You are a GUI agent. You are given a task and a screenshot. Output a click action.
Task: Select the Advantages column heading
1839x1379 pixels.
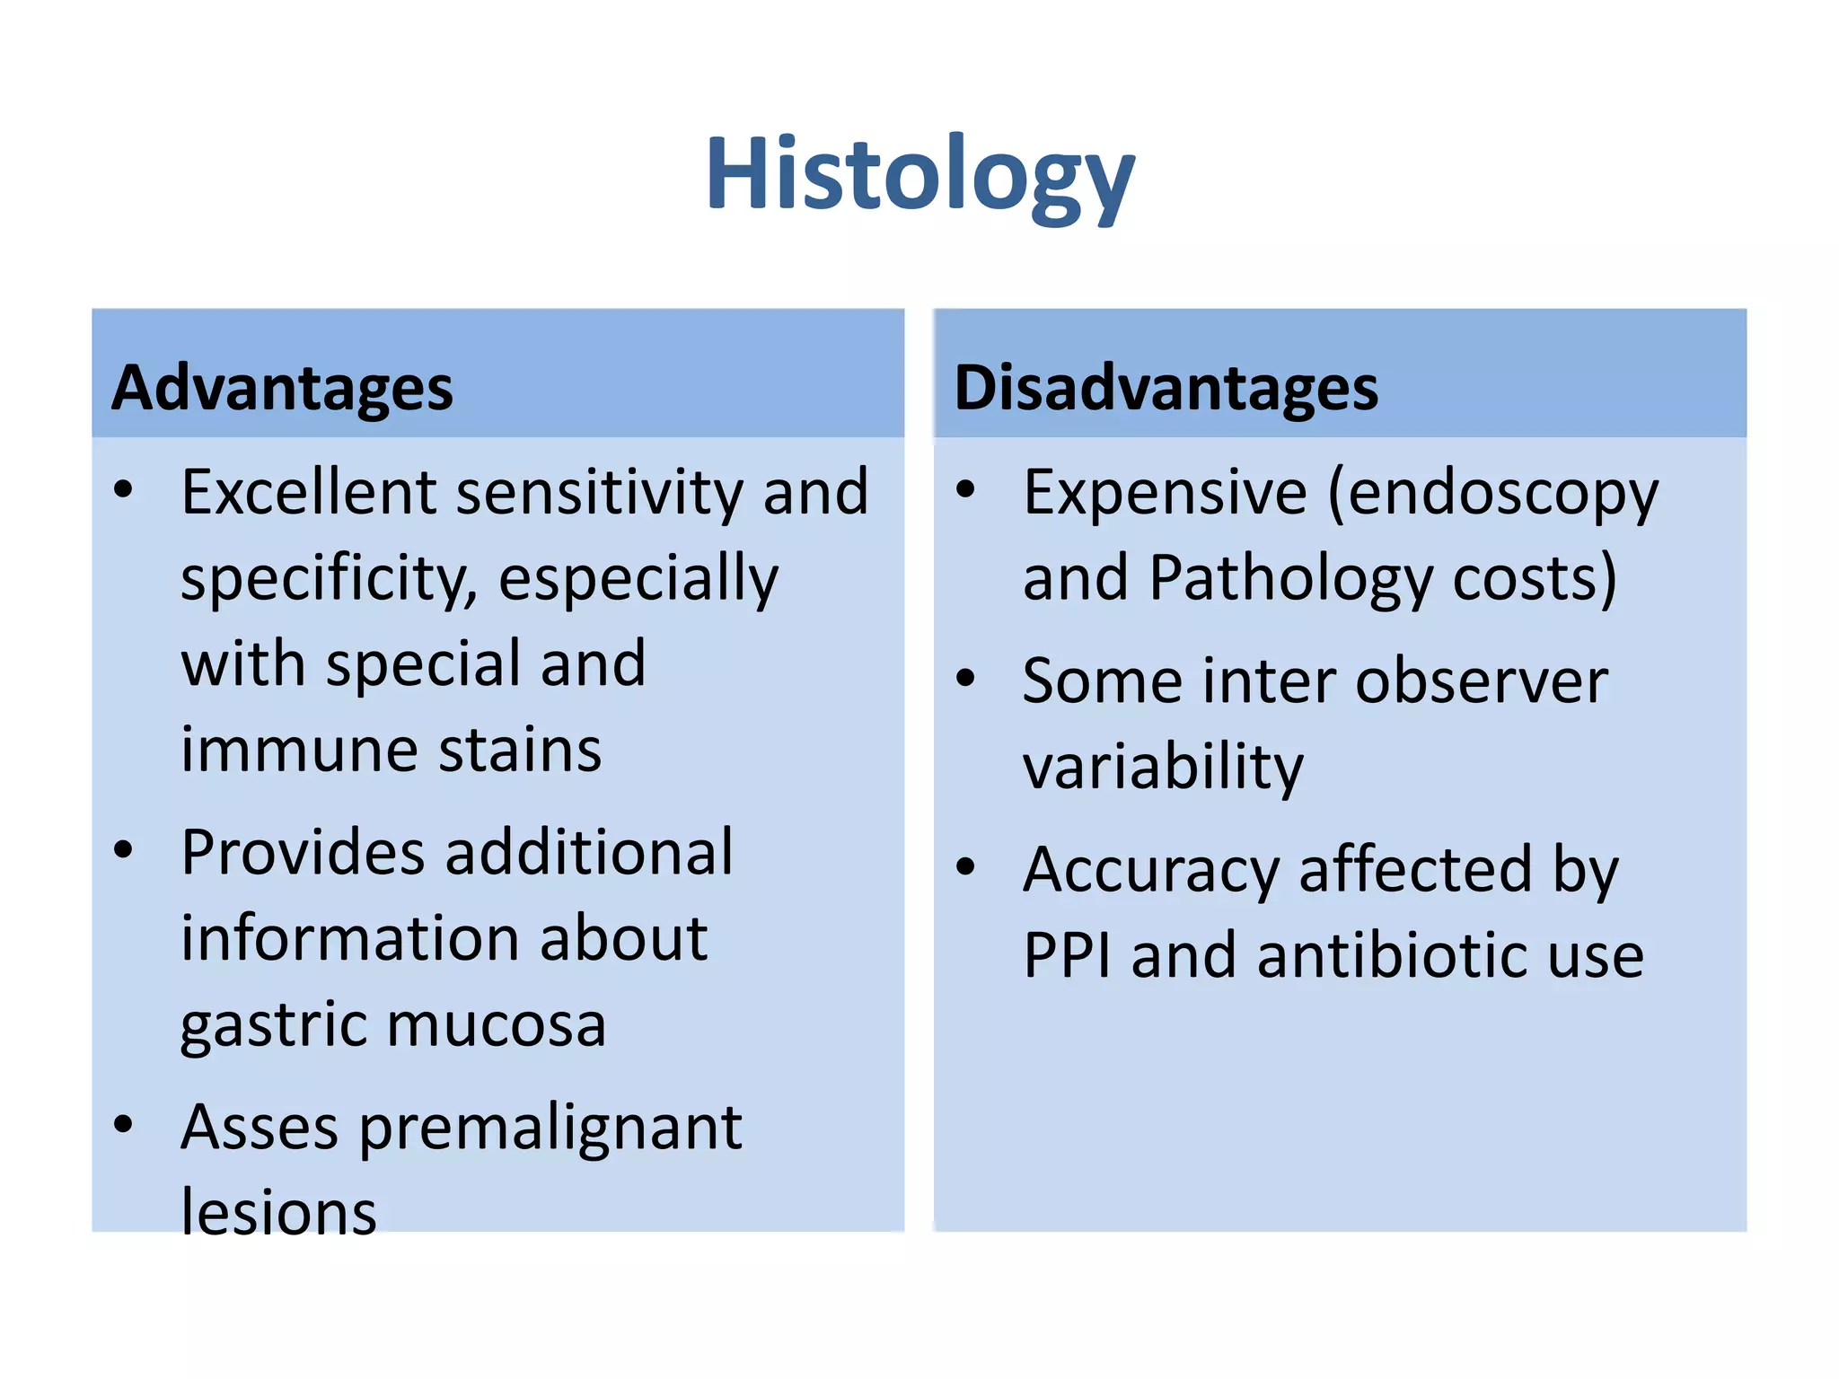click(x=282, y=389)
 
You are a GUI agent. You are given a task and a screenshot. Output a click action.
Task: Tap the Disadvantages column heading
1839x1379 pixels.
click(x=1165, y=389)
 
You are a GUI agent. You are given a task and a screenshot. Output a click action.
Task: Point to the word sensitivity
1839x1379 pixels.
click(x=599, y=492)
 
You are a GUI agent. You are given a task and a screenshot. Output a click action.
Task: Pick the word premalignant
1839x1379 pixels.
click(x=550, y=1128)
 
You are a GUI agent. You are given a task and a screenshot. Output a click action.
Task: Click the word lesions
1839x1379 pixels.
click(x=278, y=1213)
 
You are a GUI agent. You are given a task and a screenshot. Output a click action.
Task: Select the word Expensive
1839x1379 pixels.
click(x=1165, y=492)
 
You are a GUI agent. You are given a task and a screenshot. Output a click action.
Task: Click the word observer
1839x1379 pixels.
click(x=1482, y=681)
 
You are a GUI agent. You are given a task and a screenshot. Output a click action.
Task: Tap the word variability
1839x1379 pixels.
click(x=1162, y=768)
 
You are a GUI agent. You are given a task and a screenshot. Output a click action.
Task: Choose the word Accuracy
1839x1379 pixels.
click(x=1150, y=870)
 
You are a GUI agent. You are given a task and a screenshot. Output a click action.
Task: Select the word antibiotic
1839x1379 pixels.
click(x=1391, y=955)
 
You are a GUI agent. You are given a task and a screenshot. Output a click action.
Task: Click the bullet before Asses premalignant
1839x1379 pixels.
click(x=124, y=1124)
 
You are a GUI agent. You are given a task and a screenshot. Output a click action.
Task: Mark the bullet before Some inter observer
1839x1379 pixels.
click(x=965, y=678)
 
